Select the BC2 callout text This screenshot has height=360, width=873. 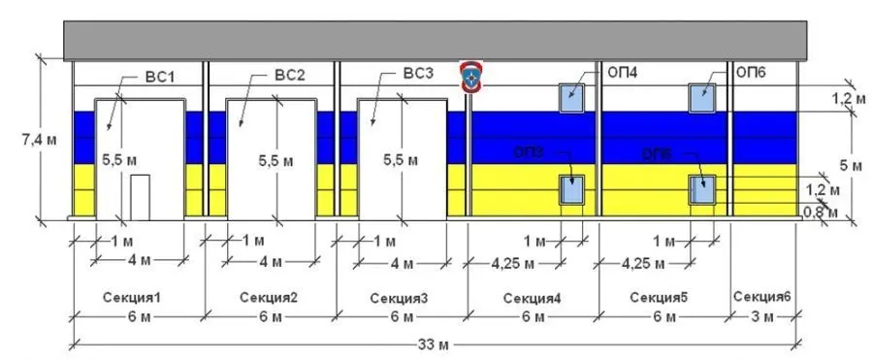(x=290, y=76)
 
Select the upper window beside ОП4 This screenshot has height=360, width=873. (x=571, y=98)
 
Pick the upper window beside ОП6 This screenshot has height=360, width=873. (x=701, y=98)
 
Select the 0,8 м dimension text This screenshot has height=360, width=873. (x=822, y=210)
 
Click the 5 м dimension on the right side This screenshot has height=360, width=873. (x=850, y=165)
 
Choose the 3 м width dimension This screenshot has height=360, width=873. (x=764, y=317)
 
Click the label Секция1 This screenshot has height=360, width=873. (x=131, y=297)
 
